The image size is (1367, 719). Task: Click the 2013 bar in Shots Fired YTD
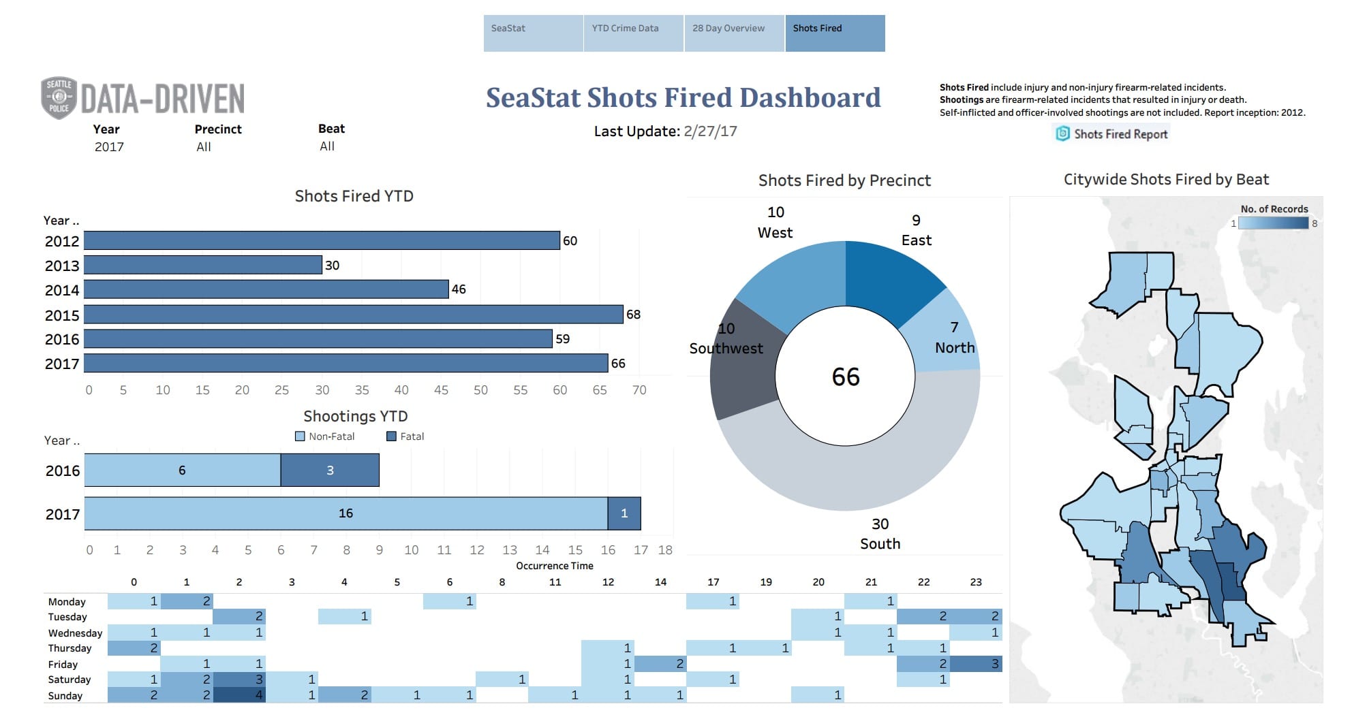pyautogui.click(x=202, y=265)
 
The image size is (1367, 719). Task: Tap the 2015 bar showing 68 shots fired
pyautogui.click(x=353, y=314)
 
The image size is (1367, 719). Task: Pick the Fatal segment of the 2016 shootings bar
pyautogui.click(x=330, y=470)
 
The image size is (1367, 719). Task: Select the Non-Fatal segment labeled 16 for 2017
pyautogui.click(x=345, y=513)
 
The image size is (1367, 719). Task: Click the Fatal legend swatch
pyautogui.click(x=391, y=436)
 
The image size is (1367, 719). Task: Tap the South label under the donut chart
pyautogui.click(x=880, y=544)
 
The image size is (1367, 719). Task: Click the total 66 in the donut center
pyautogui.click(x=845, y=377)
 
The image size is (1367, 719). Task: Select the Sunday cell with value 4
pyautogui.click(x=239, y=695)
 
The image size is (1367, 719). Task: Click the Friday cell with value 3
pyautogui.click(x=976, y=664)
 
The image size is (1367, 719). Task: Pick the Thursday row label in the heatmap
pyautogui.click(x=70, y=648)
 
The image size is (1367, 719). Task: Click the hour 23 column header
pyautogui.click(x=976, y=582)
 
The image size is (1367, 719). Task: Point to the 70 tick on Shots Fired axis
pyautogui.click(x=639, y=390)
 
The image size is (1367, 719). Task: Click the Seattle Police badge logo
pyautogui.click(x=59, y=98)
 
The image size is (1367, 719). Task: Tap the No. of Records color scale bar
pyautogui.click(x=1273, y=223)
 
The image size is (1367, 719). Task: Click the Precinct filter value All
pyautogui.click(x=204, y=147)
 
